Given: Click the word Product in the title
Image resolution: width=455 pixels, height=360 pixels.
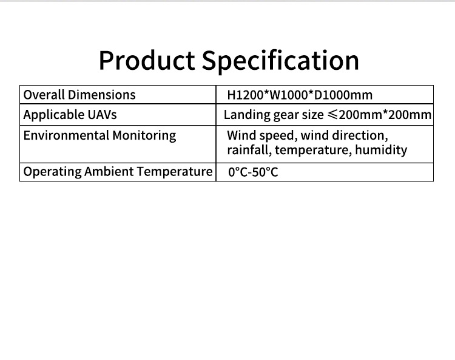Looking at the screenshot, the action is click(x=147, y=60).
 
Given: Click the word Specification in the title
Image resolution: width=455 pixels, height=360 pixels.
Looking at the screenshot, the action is click(x=280, y=61).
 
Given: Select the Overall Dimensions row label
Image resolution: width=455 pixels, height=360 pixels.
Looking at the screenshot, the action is click(x=79, y=95).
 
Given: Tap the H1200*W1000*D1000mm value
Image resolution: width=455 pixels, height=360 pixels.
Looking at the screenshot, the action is click(x=300, y=95).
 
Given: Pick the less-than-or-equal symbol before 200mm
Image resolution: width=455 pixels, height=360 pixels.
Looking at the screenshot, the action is click(x=332, y=115).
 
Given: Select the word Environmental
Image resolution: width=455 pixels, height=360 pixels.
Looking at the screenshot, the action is click(x=66, y=135).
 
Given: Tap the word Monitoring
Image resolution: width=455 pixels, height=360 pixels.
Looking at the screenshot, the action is click(x=144, y=136).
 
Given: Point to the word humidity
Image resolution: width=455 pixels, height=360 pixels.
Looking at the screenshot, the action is click(x=381, y=151).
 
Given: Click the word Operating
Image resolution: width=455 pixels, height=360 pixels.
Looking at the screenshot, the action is click(x=52, y=172).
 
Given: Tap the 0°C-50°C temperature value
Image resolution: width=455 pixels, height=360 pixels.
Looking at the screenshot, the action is click(x=253, y=172).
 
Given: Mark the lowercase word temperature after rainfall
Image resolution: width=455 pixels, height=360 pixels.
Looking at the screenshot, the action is click(x=314, y=151).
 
